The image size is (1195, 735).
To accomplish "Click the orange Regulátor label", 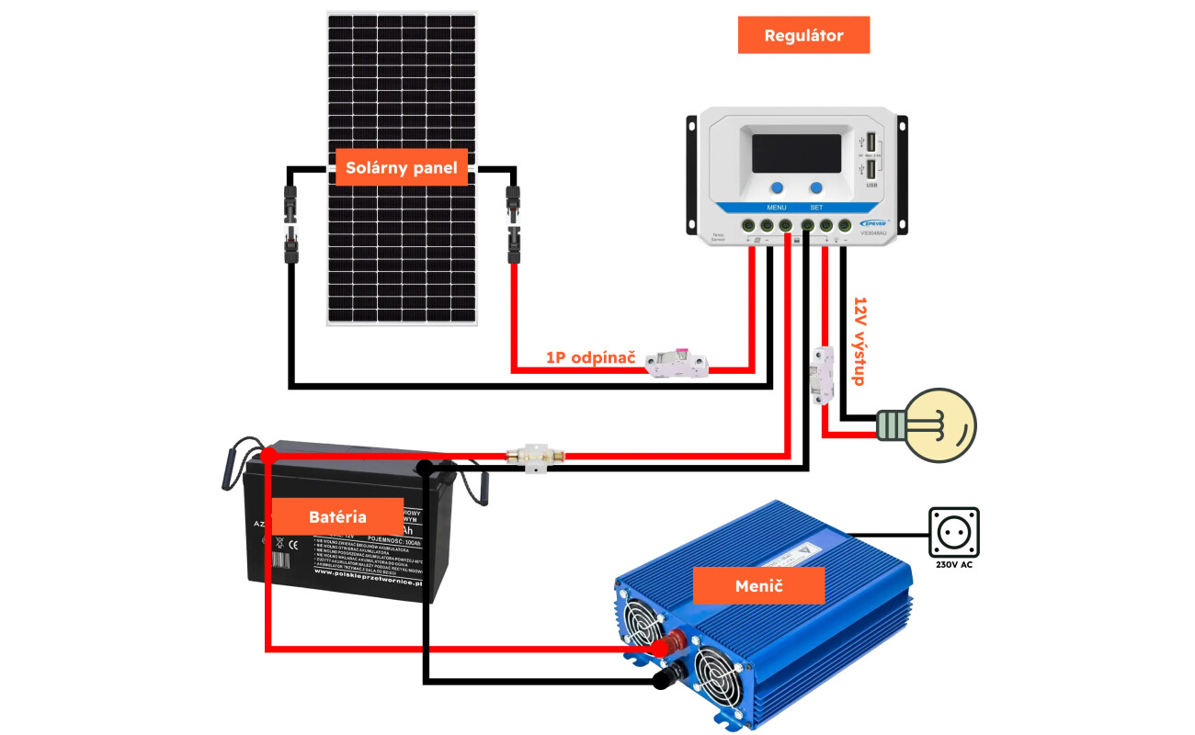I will (x=803, y=36).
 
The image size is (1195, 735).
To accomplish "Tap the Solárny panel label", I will (x=402, y=167).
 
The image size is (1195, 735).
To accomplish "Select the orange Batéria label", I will (x=337, y=516).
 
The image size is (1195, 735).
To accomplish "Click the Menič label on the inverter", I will (x=758, y=585).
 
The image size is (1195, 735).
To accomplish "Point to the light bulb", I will (x=933, y=425).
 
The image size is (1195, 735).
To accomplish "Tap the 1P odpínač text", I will (x=591, y=356).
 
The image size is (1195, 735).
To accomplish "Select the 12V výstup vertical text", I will (x=860, y=340).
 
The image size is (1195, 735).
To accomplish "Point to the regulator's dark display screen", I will (x=796, y=153).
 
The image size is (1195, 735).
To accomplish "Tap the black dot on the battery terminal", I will (x=424, y=469).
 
